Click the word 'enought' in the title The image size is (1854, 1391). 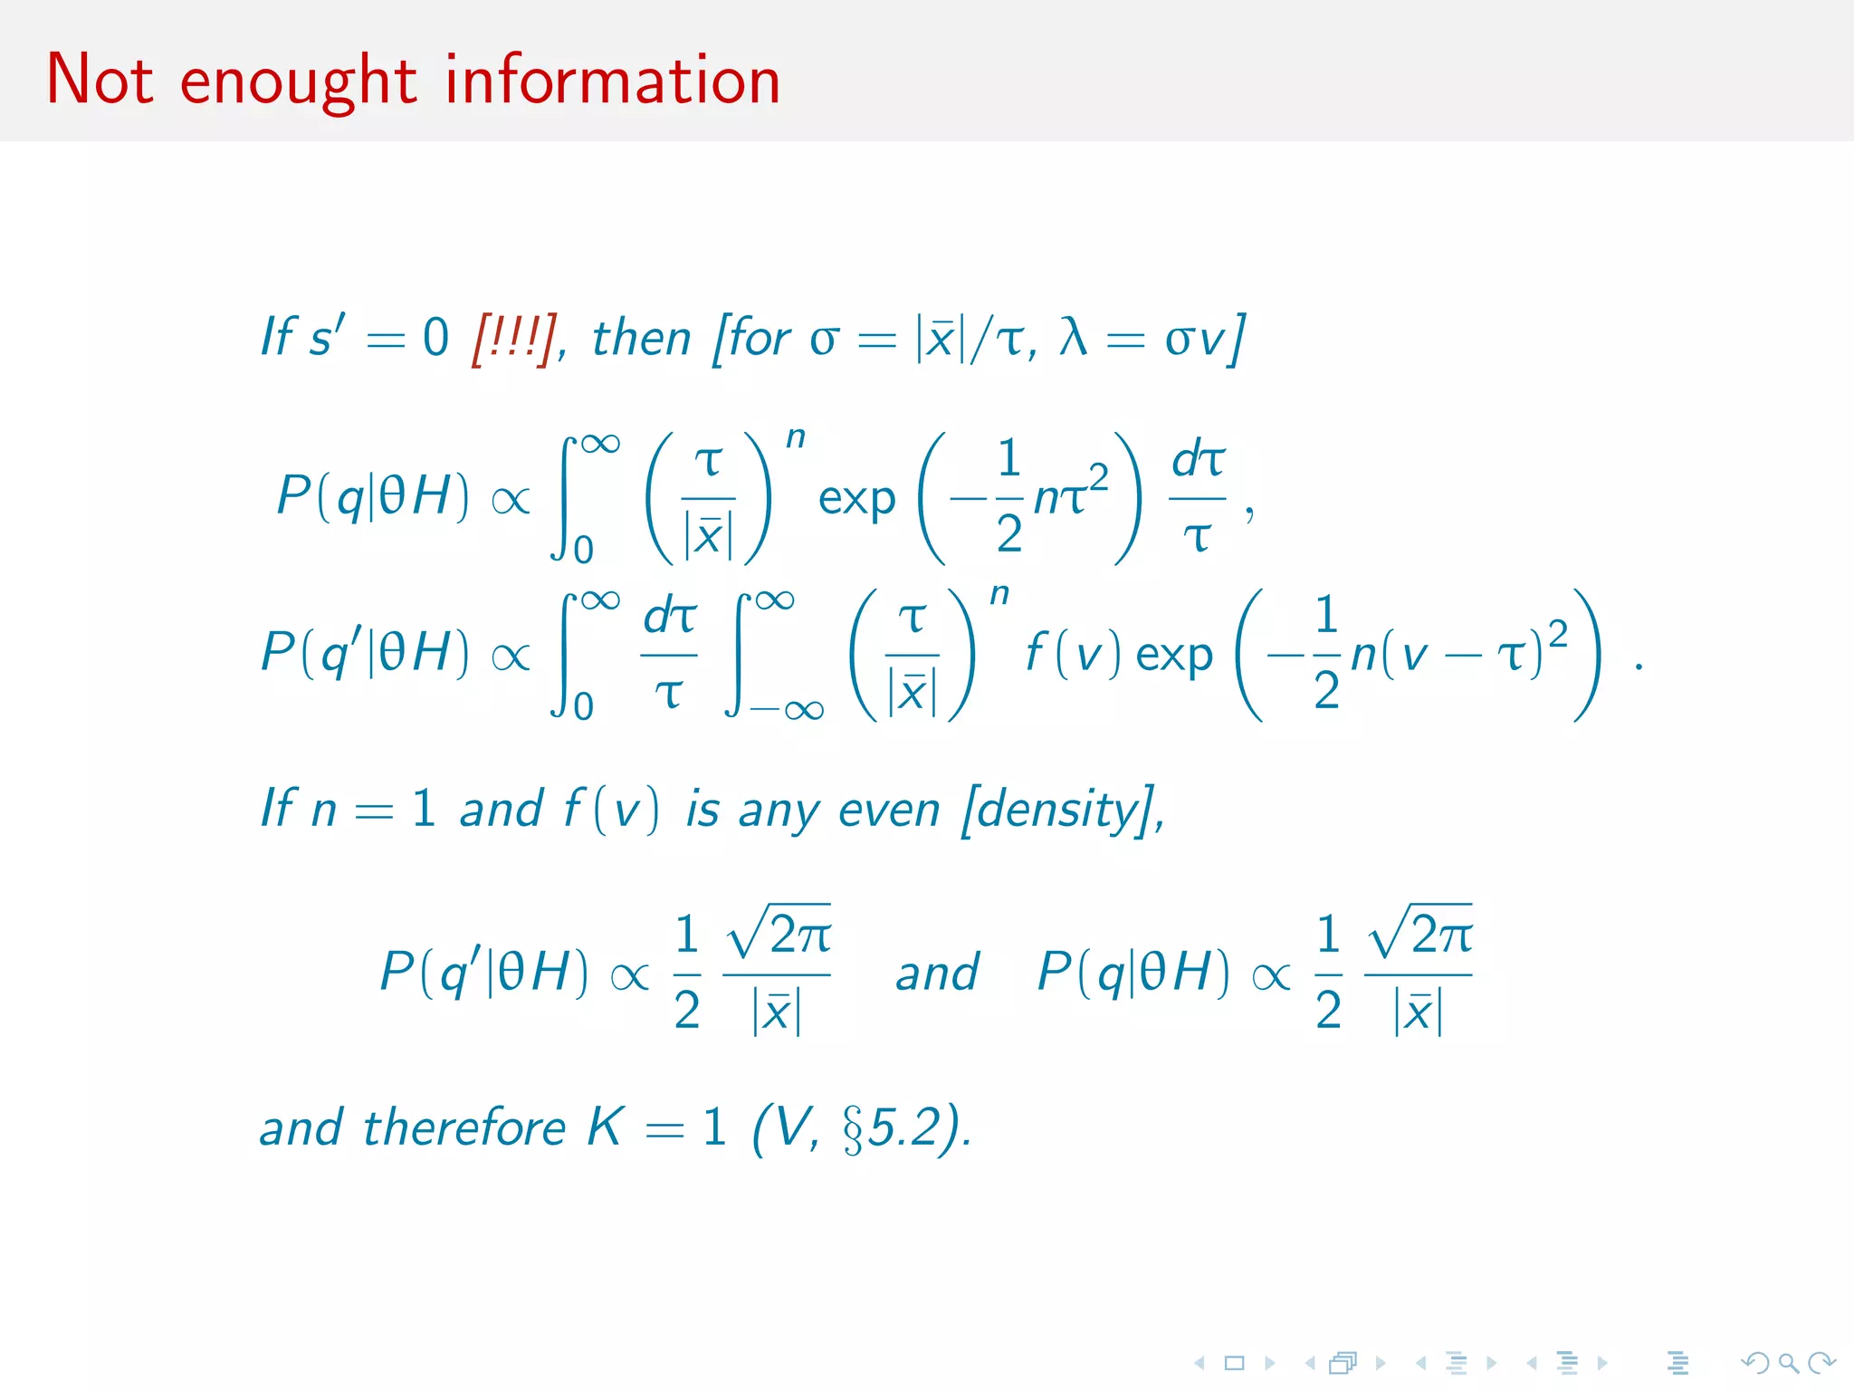[298, 82]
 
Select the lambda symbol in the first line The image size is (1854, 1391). [1074, 338]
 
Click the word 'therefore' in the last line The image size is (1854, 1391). [464, 1128]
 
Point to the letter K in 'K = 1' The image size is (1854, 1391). [605, 1127]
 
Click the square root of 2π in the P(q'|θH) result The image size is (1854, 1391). [779, 934]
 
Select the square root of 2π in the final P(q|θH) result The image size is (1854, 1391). [1419, 934]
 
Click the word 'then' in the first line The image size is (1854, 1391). [641, 339]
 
